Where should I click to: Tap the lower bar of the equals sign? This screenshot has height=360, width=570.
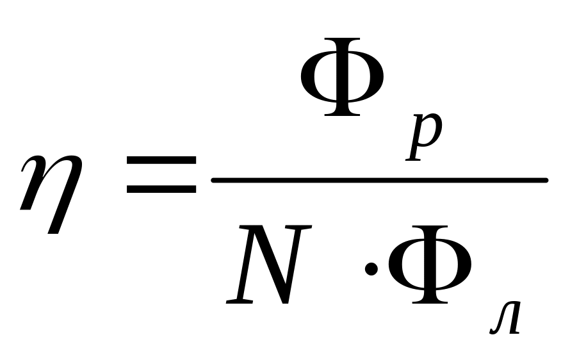point(161,190)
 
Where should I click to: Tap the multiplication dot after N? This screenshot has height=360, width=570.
point(371,268)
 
